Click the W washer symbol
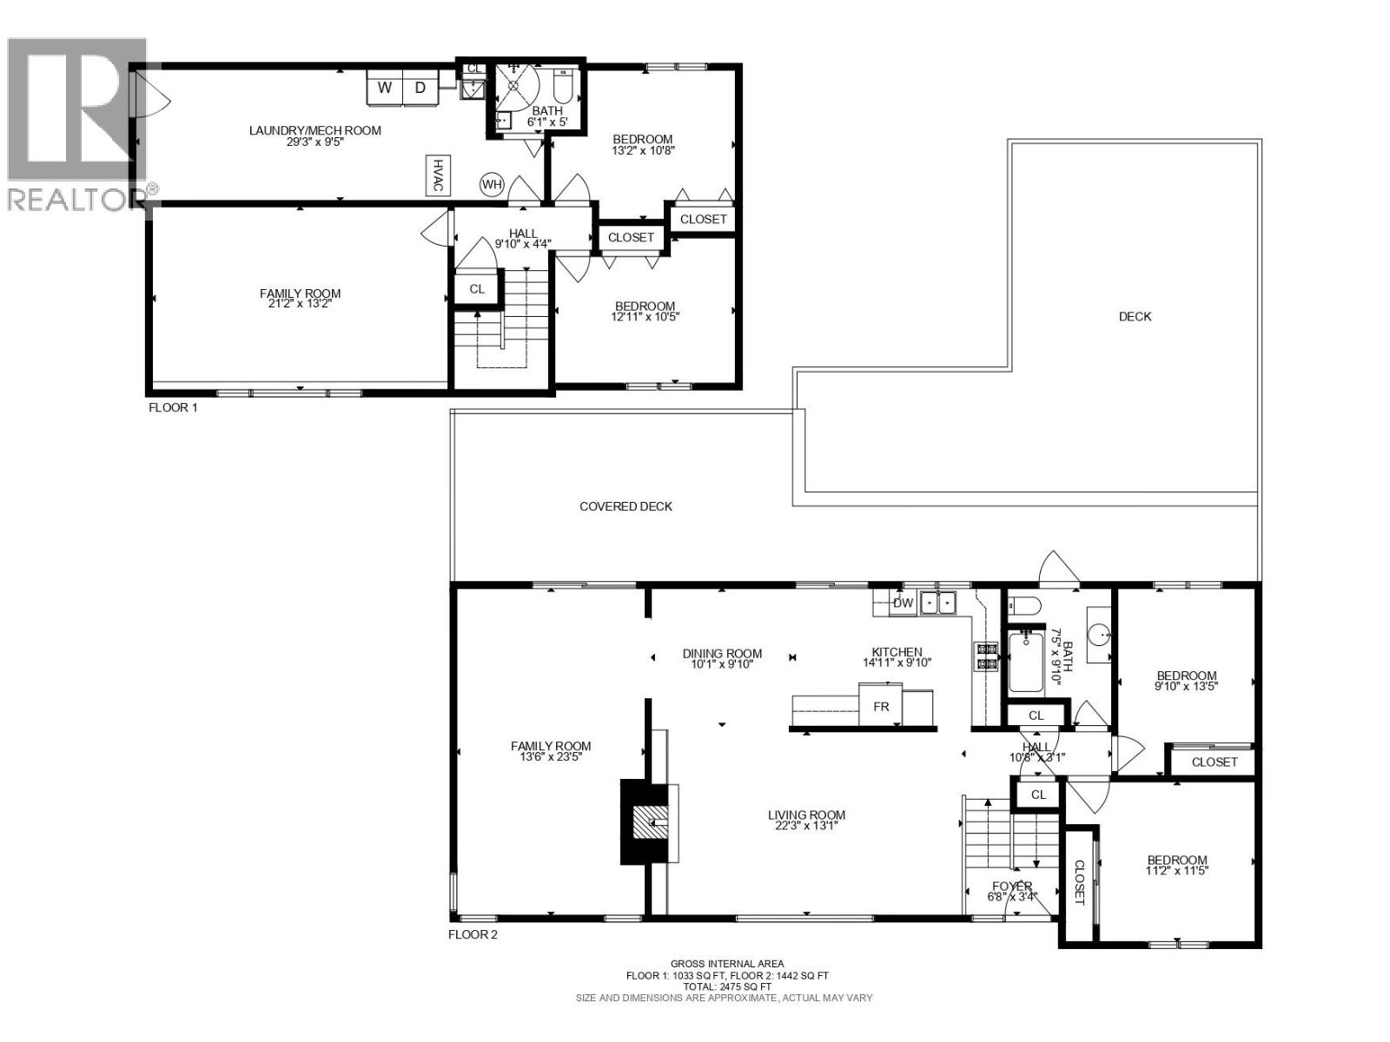385,88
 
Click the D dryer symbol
420,88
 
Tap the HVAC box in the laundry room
439,175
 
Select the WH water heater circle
492,184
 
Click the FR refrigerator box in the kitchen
881,706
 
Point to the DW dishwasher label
903,603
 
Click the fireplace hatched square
650,821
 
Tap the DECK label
1135,317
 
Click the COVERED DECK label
625,506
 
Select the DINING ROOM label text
722,654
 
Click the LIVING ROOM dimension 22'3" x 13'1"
806,826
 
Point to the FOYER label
1012,887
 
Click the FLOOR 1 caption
173,407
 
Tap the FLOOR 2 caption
473,935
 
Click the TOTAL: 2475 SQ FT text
726,986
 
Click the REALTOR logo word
76,199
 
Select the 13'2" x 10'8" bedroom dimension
643,150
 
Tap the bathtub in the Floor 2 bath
1026,662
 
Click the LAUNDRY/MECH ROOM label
314,130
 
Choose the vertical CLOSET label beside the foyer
1080,882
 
